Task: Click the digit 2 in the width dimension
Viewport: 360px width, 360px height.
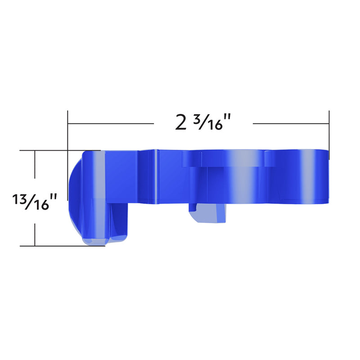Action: click(x=181, y=122)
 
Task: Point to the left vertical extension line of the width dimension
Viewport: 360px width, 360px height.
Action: click(x=67, y=130)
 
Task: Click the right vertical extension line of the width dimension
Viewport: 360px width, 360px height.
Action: click(x=329, y=133)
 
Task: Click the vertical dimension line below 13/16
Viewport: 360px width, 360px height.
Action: click(x=35, y=229)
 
